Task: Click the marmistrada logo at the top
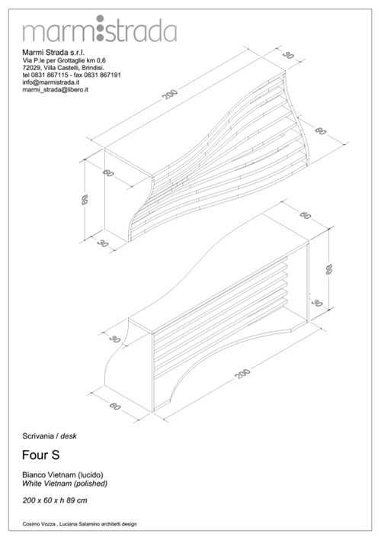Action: pos(100,29)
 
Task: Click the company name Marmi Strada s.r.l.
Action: pos(53,53)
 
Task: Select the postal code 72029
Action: pos(31,67)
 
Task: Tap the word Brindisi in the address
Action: pos(93,67)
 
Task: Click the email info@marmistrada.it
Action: pos(51,82)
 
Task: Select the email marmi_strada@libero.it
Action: pos(56,89)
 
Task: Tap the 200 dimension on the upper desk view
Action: pos(170,95)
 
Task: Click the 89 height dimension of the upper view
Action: pos(85,200)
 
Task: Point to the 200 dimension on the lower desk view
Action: pos(242,373)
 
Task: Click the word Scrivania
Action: pos(38,436)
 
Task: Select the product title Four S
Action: pos(41,455)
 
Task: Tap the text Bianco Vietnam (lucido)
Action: pos(62,475)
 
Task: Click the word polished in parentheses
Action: pos(91,484)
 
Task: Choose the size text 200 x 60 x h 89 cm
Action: pos(55,500)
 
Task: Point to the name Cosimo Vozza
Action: pos(37,524)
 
